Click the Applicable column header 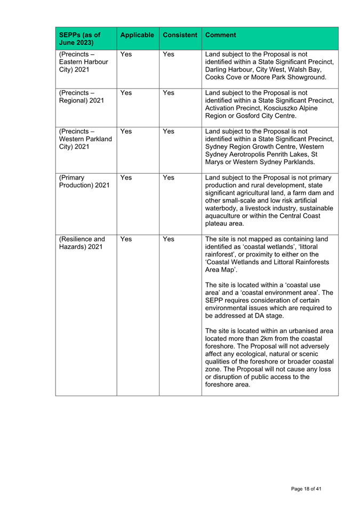point(137,35)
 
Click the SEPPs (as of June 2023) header point(78,39)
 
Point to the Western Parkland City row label point(82,140)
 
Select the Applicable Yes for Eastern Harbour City point(126,54)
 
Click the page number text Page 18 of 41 point(306,488)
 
